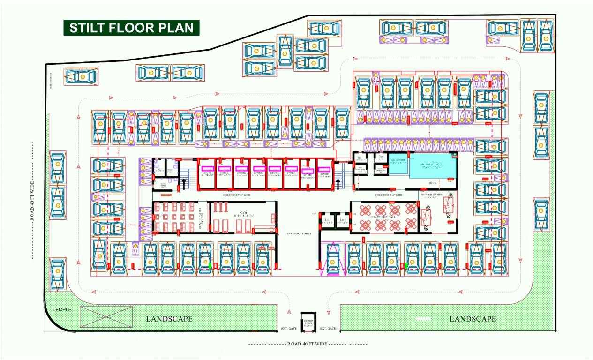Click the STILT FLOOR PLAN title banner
131,28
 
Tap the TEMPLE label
61,310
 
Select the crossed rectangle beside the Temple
103,317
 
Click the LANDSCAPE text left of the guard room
169,319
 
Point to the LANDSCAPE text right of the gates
473,319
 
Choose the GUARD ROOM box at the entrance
308,322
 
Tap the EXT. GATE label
328,329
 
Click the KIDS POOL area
398,165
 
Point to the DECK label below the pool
432,183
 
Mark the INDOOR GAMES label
432,195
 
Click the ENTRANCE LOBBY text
299,233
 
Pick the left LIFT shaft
328,221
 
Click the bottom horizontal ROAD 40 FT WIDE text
307,344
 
